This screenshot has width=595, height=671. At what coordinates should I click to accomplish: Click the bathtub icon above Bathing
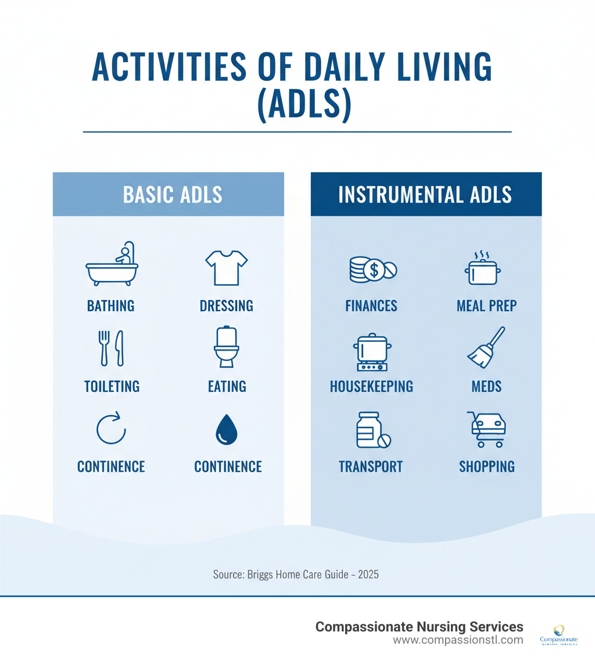coord(112,264)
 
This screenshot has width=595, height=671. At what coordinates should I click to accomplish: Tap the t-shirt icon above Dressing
coord(226,267)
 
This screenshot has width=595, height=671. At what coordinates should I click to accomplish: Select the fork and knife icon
coord(112,348)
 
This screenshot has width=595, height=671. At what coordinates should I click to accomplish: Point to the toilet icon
coord(226,347)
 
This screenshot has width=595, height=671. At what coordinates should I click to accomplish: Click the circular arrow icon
coord(111,429)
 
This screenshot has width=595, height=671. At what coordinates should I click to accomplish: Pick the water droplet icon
coord(226,430)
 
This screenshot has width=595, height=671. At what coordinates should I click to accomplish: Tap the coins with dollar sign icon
coord(371,269)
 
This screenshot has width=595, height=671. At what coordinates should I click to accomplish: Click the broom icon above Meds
coord(486,347)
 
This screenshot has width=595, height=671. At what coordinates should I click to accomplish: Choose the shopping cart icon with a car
coord(487,429)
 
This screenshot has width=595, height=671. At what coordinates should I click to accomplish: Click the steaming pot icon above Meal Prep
coord(483,268)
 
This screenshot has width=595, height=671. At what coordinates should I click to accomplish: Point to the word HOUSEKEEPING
coord(371,386)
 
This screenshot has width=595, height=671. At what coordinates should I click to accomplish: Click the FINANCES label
coord(371,306)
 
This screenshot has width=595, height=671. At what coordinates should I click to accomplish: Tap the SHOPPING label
coord(487,466)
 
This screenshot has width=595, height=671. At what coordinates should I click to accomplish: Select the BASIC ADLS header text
coord(173,194)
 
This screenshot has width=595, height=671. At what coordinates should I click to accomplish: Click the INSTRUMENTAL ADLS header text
coord(425,194)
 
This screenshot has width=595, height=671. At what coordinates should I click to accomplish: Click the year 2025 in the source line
coord(368,574)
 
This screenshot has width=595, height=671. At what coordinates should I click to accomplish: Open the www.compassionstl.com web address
coord(458,640)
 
